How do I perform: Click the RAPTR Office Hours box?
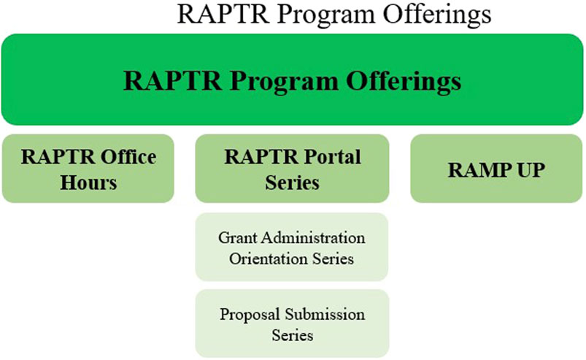click(88, 169)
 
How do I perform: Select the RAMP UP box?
click(496, 169)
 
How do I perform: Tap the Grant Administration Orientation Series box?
click(292, 247)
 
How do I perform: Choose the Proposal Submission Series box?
click(292, 323)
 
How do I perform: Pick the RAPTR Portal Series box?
click(292, 169)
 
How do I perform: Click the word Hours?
click(88, 183)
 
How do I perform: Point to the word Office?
click(128, 157)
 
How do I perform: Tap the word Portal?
click(332, 157)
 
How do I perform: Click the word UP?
click(531, 170)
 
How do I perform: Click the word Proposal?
click(250, 315)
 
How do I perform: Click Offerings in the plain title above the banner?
click(437, 14)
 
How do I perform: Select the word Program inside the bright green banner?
click(284, 81)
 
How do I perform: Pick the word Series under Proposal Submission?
click(292, 335)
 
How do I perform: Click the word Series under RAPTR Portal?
click(292, 183)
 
